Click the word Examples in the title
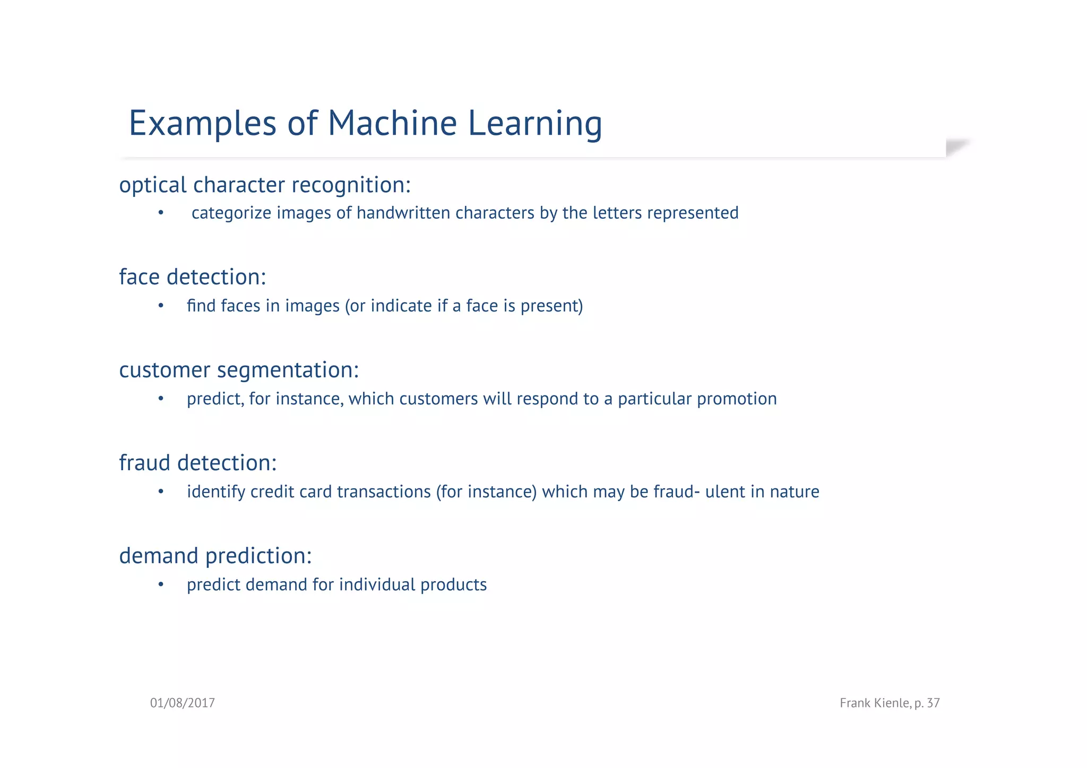(202, 124)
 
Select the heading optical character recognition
(264, 185)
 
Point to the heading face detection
(192, 277)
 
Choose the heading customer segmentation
(239, 370)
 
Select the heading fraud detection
(197, 463)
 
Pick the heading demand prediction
(215, 556)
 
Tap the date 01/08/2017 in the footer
(182, 703)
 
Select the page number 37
(933, 703)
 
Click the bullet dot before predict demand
(161, 585)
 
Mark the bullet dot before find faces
(161, 306)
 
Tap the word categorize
(231, 213)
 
